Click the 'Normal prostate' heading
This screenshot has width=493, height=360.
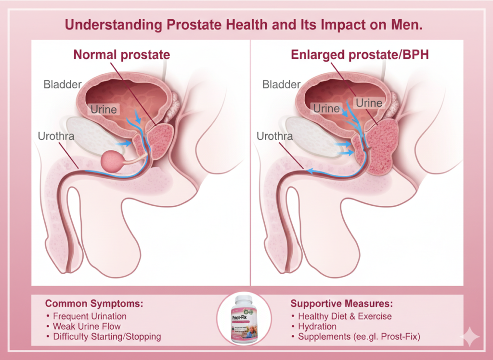click(121, 55)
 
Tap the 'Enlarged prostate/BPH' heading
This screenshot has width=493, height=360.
click(360, 55)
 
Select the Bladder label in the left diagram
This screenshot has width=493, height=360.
click(63, 85)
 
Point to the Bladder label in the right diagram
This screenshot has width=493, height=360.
click(282, 85)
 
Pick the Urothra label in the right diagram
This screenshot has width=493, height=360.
click(274, 136)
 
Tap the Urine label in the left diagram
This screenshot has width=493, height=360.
click(104, 109)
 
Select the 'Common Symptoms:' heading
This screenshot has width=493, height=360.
click(94, 304)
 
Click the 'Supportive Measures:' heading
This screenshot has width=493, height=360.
click(342, 304)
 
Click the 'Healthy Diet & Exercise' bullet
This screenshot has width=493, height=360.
click(345, 316)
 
